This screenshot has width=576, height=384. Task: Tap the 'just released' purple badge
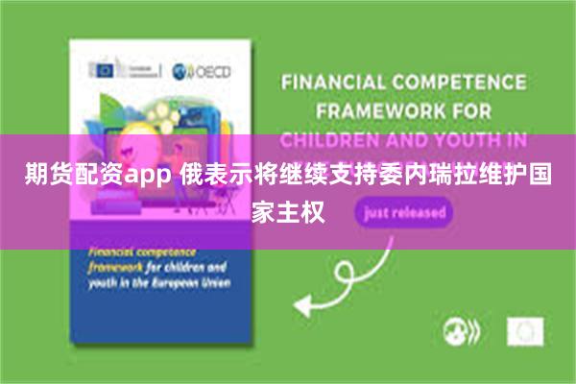click(404, 212)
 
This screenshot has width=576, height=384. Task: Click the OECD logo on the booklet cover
click(201, 72)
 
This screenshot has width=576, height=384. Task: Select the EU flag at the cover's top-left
click(101, 69)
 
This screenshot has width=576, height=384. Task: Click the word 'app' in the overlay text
click(152, 178)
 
